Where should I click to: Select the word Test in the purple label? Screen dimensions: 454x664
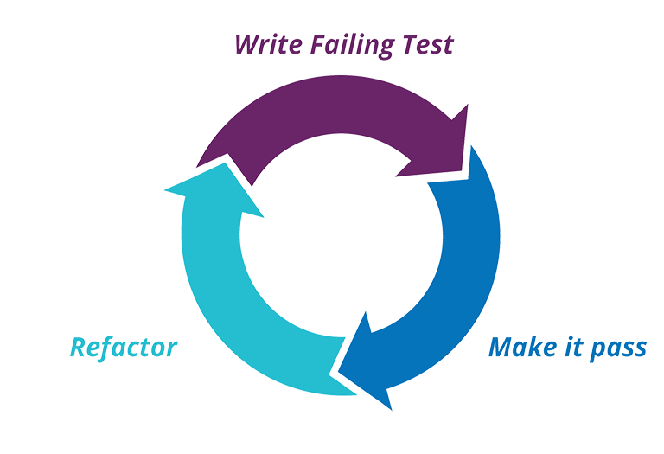click(x=425, y=43)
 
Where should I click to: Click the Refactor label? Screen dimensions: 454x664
click(x=123, y=350)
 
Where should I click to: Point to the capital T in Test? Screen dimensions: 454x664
click(x=410, y=43)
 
